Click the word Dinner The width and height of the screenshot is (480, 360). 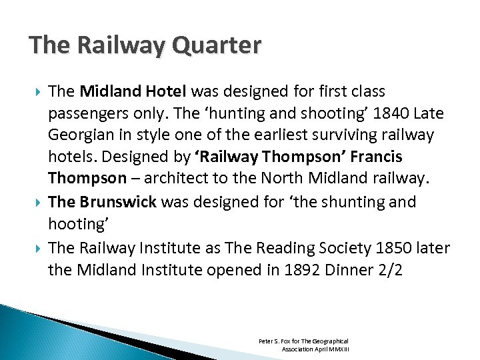click(x=346, y=269)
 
